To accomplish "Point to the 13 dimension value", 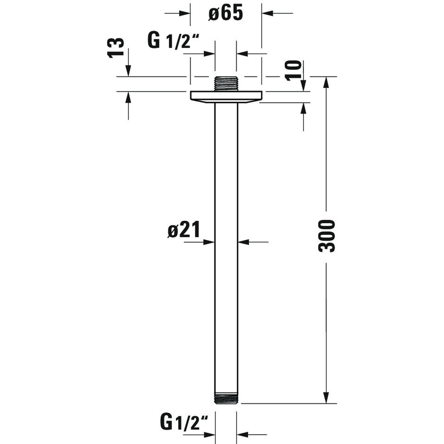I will tap(116, 48).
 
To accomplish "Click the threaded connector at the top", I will tap(226, 84).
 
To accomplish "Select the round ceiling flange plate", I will tap(226, 97).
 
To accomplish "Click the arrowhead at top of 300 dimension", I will tap(326, 82).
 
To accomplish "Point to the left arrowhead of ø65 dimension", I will tap(185, 14).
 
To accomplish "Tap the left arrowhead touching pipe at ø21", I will tap(209, 242).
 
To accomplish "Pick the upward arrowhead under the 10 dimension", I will tap(304, 108).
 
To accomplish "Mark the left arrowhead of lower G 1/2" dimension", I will tap(209, 435).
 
